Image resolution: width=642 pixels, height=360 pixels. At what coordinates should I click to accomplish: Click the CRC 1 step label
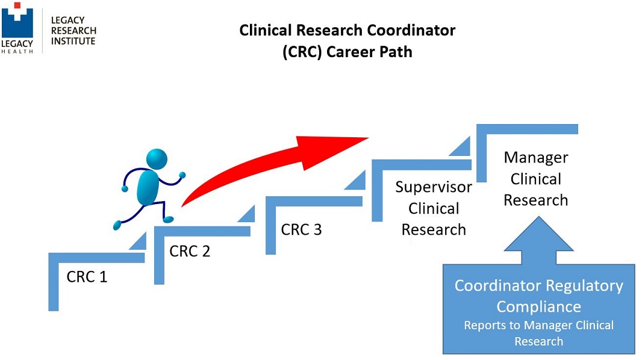click(x=87, y=278)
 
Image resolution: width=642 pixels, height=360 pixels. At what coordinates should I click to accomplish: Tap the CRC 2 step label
click(x=190, y=251)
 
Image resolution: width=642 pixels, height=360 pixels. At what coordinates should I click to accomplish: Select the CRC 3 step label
click(x=301, y=229)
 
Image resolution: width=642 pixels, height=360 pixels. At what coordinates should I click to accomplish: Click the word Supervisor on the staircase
click(x=434, y=187)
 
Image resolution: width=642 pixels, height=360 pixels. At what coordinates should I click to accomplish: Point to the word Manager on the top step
click(x=535, y=158)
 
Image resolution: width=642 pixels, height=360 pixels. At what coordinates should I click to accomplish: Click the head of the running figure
click(x=157, y=159)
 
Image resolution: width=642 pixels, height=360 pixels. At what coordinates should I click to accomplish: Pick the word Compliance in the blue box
click(x=538, y=306)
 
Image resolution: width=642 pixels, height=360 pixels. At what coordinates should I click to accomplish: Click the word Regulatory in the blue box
click(x=586, y=285)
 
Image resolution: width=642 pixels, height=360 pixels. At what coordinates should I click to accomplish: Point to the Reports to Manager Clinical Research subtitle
click(x=538, y=333)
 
